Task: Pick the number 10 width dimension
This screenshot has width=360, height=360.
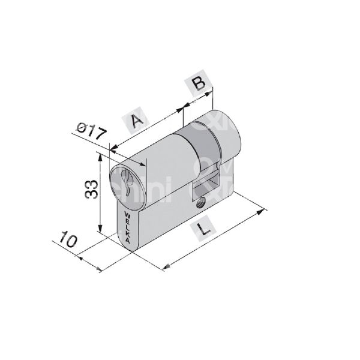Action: [x=67, y=241]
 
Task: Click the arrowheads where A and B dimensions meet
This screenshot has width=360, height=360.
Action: [x=182, y=109]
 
